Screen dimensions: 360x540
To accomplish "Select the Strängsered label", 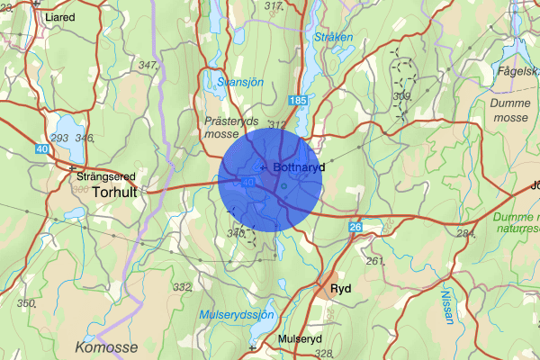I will pos(102,177).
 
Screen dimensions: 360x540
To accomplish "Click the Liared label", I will pos(59,17).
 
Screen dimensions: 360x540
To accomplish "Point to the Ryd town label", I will pos(340,289).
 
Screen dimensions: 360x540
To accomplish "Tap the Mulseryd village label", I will pos(300,338).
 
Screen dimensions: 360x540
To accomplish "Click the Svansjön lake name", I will pos(238,83).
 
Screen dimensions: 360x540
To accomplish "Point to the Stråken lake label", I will pos(334,37).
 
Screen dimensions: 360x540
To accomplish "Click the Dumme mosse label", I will pos(511,110).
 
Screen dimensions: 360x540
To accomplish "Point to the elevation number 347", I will pos(148,65).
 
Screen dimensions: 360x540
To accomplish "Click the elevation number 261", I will pos(374,261).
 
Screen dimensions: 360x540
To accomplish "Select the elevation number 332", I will pos(183,287).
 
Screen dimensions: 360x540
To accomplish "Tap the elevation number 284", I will pos(464,234).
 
